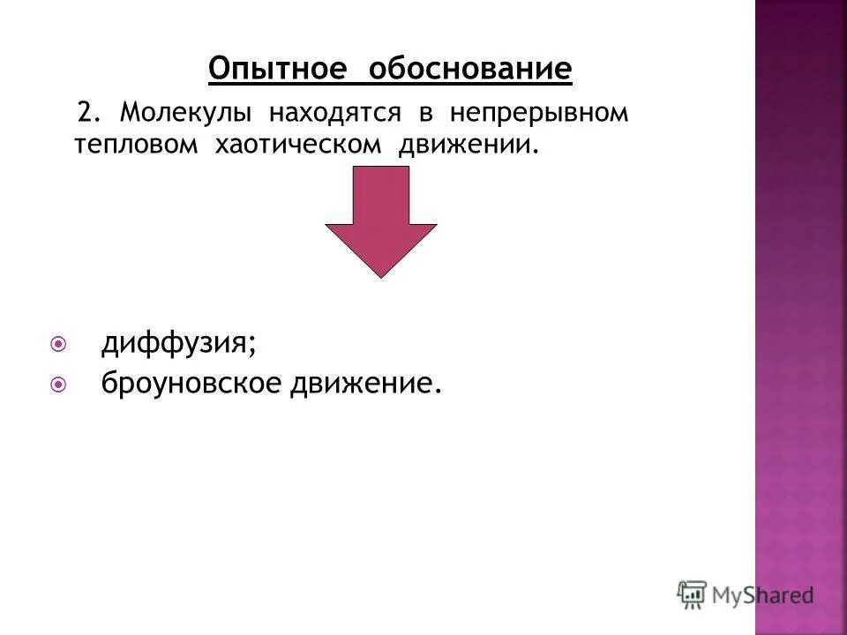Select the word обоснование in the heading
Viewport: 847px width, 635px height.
pyautogui.click(x=470, y=68)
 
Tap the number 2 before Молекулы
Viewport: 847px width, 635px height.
pyautogui.click(x=86, y=113)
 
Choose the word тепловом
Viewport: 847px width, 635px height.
pyautogui.click(x=136, y=145)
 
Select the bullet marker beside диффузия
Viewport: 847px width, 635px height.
pyautogui.click(x=59, y=342)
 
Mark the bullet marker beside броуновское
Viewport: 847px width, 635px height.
pyautogui.click(x=59, y=384)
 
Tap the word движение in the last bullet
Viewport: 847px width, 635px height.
pyautogui.click(x=364, y=384)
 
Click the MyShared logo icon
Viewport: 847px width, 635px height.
pyautogui.click(x=692, y=595)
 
